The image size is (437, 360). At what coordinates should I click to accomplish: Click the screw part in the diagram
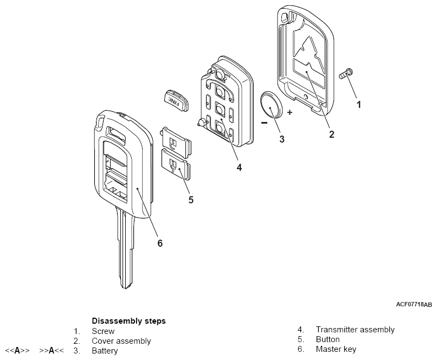coord(346,73)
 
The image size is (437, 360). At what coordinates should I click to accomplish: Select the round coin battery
coord(273,105)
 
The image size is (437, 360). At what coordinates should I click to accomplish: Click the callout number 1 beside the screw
coord(358,105)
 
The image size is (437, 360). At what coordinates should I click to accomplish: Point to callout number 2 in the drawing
coord(331,134)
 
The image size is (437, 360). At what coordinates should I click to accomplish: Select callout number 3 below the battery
coord(281,139)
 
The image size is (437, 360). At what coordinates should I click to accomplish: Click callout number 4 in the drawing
coord(239,167)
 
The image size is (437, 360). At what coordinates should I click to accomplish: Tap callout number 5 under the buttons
coord(191,200)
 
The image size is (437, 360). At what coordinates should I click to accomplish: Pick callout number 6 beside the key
coord(159,243)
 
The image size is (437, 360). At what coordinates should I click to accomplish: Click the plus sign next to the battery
coord(290,112)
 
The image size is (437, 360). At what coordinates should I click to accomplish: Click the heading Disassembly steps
coord(128,321)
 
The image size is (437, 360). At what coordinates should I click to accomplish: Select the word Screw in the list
coord(103,331)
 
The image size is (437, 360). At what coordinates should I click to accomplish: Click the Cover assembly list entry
coord(121,341)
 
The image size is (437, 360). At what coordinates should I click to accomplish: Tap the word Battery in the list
coord(105,350)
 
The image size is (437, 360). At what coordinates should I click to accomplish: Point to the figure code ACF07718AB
coord(414,305)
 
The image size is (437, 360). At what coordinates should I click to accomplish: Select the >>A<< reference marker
coord(52,350)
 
